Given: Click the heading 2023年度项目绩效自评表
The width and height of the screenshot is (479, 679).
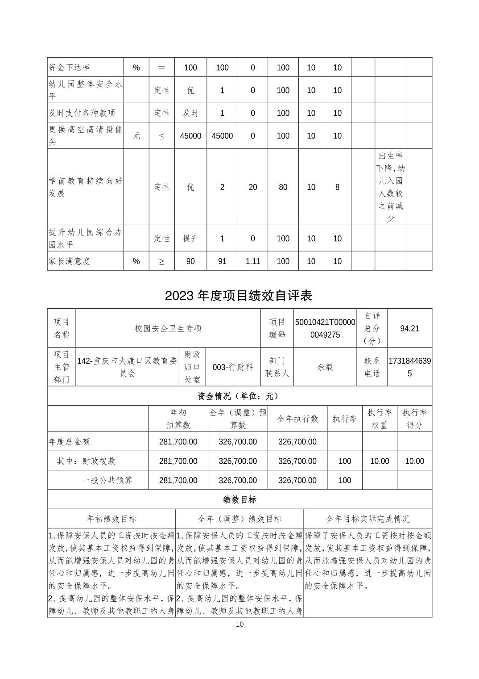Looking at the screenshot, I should [x=239, y=296].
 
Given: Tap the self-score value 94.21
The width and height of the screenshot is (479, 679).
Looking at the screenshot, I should [x=409, y=328].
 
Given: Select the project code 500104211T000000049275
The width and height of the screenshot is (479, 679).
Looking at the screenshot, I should [x=325, y=328].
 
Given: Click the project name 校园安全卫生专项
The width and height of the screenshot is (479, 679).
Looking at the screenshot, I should [x=168, y=328].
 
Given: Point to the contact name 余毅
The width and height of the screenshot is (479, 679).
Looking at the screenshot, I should [x=325, y=367].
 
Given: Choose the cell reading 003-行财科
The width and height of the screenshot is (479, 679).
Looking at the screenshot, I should [x=233, y=367].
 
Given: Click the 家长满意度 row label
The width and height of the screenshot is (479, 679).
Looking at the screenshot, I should [x=70, y=261].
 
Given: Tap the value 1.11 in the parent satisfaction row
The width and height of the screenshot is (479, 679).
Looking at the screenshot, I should [x=252, y=261].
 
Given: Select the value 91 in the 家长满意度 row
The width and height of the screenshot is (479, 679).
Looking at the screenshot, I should [x=222, y=261].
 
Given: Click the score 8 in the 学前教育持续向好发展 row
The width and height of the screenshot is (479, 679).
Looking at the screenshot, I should [x=337, y=187].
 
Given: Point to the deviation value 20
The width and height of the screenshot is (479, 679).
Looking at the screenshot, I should [x=252, y=187].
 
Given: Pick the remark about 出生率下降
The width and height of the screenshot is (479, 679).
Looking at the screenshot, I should [x=390, y=187].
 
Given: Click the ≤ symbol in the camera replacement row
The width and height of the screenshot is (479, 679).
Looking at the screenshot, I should [x=161, y=136].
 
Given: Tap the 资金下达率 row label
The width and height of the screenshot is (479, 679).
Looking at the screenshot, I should [x=70, y=68].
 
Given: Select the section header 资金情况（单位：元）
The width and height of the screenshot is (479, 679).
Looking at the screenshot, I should [x=239, y=396].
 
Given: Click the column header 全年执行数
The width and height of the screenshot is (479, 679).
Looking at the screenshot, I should [x=297, y=419].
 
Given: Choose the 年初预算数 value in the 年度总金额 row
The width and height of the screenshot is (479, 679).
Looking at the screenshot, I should [x=178, y=442].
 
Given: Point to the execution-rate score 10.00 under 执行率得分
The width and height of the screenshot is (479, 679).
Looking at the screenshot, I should [x=414, y=461].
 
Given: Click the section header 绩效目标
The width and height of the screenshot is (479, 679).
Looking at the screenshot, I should [x=239, y=499].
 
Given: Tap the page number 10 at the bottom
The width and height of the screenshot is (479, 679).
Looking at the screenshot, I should [x=239, y=624].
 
